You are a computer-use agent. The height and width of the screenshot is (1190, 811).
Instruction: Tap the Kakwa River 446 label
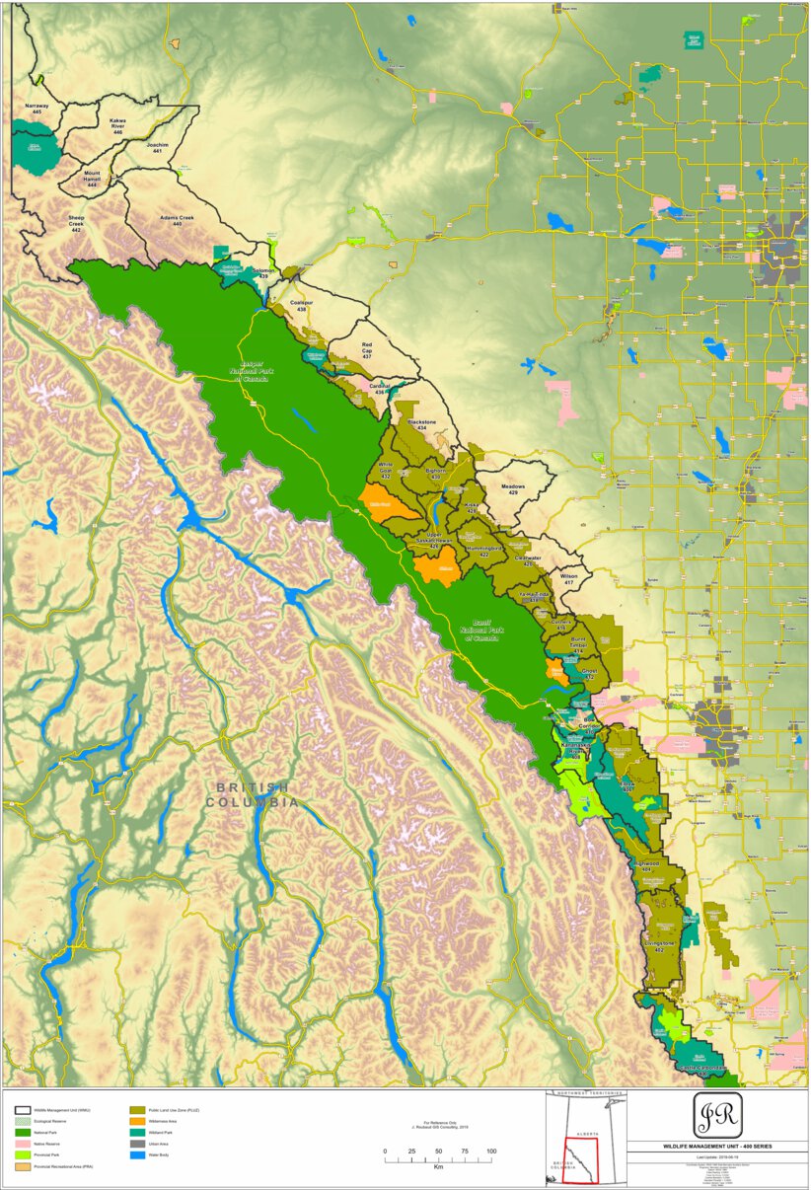pos(117,125)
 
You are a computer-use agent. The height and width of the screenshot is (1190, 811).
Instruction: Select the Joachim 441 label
pos(158,148)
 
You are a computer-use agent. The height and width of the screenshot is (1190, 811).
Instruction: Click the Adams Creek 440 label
pos(178,220)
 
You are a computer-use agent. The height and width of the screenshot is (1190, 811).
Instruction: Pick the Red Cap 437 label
pos(367,350)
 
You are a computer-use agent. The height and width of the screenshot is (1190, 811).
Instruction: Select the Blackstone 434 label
pos(422,425)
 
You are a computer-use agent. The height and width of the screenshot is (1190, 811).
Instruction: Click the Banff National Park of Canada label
pos(481,631)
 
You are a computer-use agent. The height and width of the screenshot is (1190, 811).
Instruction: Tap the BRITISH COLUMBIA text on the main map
pos(252,793)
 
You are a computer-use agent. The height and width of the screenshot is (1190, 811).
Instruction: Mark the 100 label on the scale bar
pos(490,1152)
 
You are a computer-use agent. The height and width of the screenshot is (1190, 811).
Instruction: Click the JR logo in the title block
pos(717,1115)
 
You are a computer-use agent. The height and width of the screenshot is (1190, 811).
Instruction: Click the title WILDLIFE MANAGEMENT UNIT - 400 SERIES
pos(717,1147)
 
